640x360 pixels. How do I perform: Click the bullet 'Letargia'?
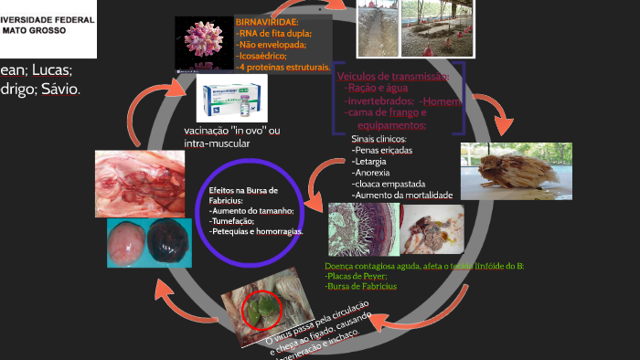pyautogui.click(x=371, y=161)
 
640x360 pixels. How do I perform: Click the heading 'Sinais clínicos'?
pyautogui.click(x=379, y=139)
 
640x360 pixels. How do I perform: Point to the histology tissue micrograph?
pyautogui.click(x=363, y=229)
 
